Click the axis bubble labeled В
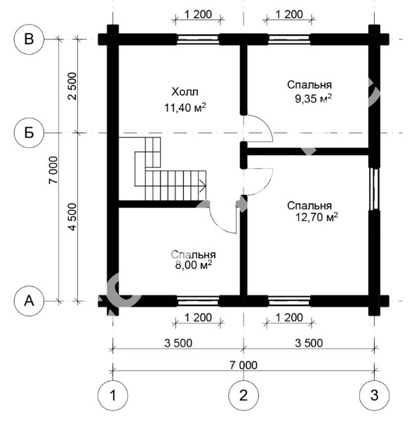[29, 39]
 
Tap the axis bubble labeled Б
[29, 133]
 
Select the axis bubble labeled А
[29, 301]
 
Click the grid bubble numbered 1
[113, 395]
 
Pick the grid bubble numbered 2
[243, 395]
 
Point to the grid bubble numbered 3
[374, 395]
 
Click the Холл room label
[185, 92]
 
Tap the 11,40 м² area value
[185, 107]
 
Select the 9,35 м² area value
[313, 98]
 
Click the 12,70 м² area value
[316, 217]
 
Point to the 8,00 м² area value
[194, 265]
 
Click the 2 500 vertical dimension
[72, 86]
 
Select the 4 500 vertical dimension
[72, 217]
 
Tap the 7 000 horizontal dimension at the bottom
[243, 365]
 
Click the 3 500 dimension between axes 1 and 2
[178, 343]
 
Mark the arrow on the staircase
[202, 185]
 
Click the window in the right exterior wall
[374, 189]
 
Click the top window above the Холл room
[199, 39]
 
